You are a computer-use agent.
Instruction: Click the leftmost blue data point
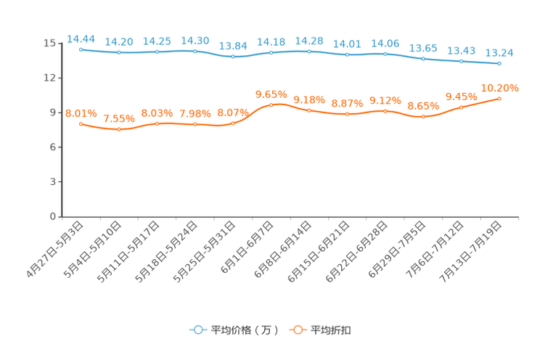tap(81, 49)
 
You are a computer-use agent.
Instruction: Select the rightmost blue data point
tap(499, 64)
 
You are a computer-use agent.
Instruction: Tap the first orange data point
tap(81, 124)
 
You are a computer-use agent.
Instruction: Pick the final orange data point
tap(499, 99)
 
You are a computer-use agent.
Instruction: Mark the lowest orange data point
tap(119, 129)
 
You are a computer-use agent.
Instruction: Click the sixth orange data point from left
tap(271, 105)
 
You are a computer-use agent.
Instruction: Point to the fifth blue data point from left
tap(233, 56)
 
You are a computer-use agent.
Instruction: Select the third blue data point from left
tap(157, 52)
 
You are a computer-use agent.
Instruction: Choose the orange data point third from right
tap(423, 116)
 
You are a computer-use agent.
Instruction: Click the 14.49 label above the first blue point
tap(81, 38)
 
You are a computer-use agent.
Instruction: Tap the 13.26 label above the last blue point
tap(499, 52)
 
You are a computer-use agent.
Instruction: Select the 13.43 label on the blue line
tap(462, 50)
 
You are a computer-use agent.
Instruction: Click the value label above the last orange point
tap(499, 88)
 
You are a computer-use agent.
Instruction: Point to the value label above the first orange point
tap(81, 113)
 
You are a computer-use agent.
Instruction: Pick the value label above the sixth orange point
tap(271, 94)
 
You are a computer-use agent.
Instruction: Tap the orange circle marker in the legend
tap(298, 330)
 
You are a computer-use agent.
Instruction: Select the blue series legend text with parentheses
tap(244, 330)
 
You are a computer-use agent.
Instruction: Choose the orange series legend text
tap(332, 330)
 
